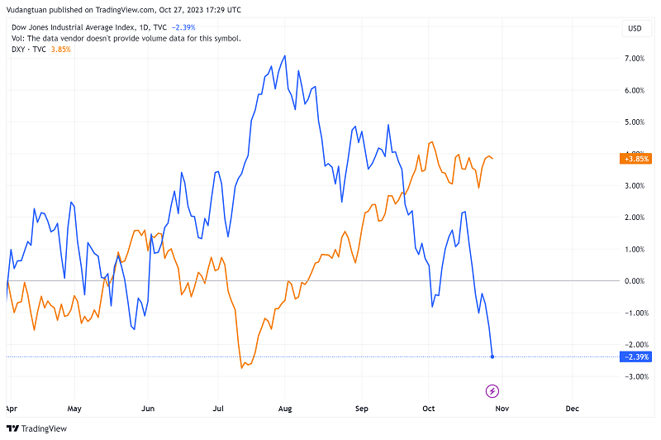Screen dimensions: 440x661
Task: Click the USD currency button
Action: [635, 28]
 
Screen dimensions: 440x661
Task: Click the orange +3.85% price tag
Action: [634, 159]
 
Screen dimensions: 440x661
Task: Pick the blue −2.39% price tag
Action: [634, 357]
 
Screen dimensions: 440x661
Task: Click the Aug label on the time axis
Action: [285, 409]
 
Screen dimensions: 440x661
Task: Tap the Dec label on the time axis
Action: [571, 409]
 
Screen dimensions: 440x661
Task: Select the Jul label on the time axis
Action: [219, 409]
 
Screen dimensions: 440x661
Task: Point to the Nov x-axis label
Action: [502, 409]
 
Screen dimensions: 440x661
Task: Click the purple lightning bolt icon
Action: [492, 390]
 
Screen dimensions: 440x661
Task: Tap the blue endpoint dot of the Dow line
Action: [492, 357]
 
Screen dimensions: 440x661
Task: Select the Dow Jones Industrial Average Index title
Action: [78, 27]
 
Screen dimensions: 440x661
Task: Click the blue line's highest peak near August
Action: [285, 56]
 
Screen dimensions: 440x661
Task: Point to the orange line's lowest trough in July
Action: [241, 367]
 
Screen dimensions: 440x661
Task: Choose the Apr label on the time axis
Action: [11, 409]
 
